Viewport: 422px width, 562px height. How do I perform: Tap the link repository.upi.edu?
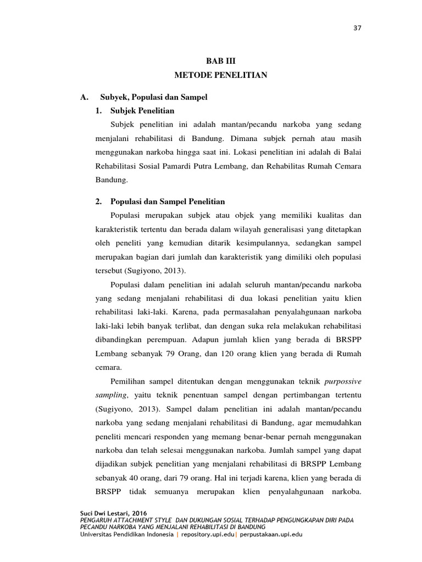click(209, 533)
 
